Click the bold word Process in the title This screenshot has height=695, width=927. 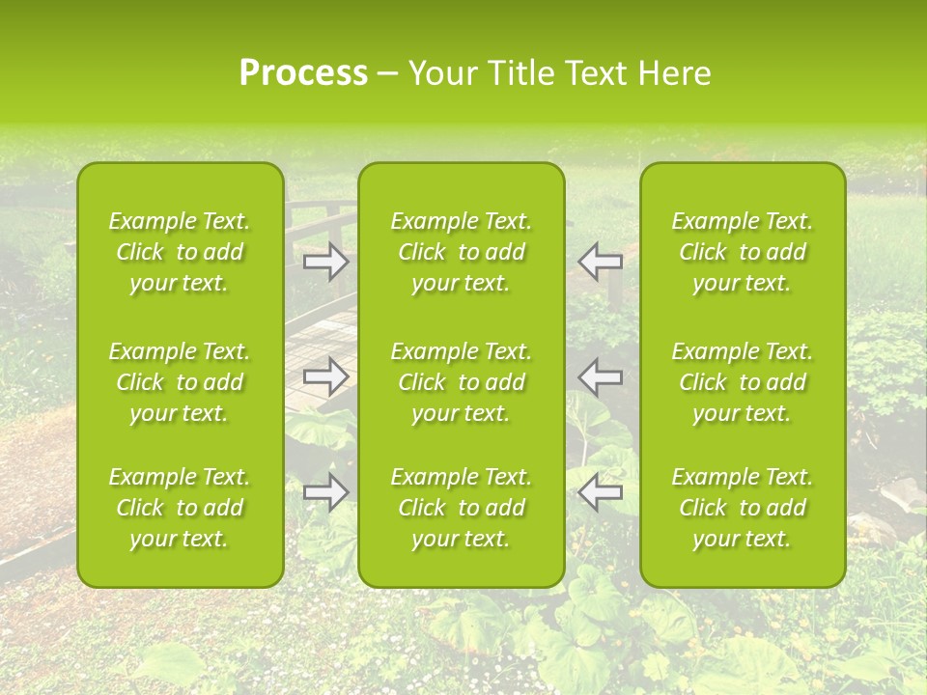click(302, 73)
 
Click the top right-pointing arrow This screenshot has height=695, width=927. click(326, 262)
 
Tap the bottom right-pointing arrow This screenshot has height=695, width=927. click(326, 492)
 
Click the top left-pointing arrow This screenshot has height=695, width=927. click(600, 262)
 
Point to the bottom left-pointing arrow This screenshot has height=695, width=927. click(600, 492)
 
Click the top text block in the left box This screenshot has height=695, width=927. click(180, 252)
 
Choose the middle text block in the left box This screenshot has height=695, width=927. click(180, 382)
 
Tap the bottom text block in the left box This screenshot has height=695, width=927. click(180, 508)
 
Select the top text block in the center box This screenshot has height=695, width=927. click(461, 252)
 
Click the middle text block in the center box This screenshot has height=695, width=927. click(461, 382)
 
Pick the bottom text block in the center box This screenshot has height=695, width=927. click(461, 508)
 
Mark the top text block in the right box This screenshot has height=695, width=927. click(743, 252)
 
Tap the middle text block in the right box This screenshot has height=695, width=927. click(743, 382)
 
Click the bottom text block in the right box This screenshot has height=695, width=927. click(743, 508)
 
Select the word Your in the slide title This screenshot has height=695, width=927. click(439, 73)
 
